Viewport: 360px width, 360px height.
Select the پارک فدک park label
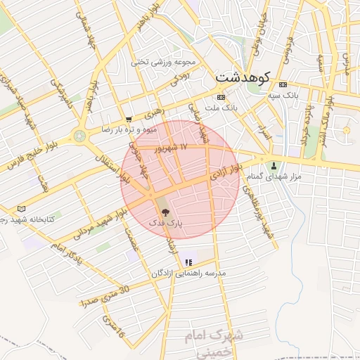coord(165,222)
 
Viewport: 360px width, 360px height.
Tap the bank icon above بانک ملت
coord(221,97)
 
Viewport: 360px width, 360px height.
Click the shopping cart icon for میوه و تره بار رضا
coord(128,120)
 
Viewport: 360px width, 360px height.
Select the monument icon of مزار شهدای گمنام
coord(274,166)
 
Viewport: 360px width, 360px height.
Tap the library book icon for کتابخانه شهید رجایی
coord(21,209)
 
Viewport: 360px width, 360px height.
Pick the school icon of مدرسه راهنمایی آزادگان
coord(188,262)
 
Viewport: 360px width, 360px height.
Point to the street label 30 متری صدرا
coord(105,295)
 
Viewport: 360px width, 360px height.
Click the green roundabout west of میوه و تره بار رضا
coord(79,135)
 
